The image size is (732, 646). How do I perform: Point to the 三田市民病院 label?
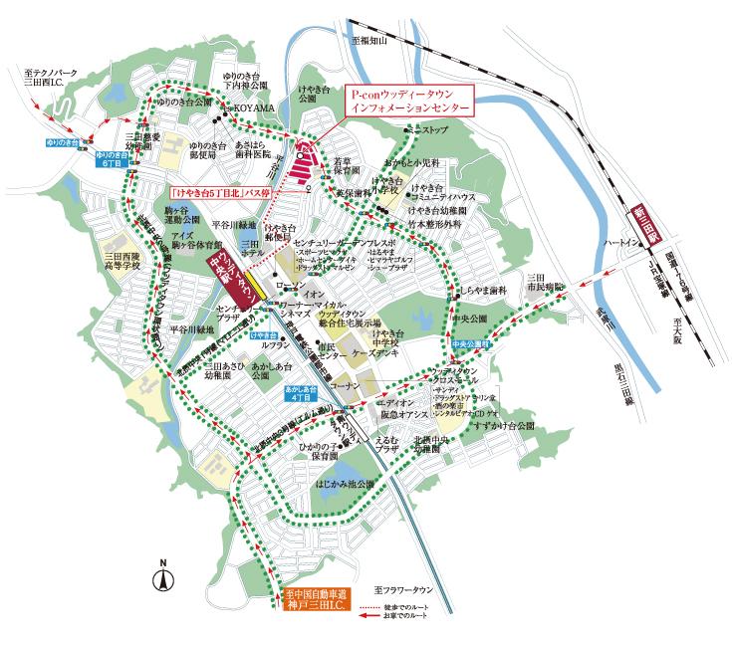(544, 283)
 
